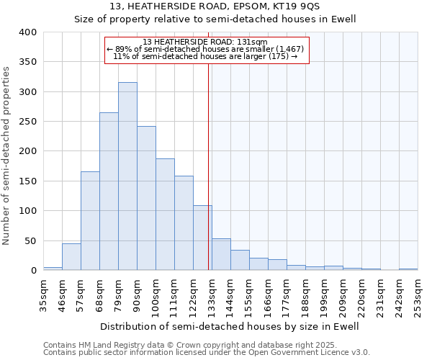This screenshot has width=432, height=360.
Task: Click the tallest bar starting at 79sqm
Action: (x=127, y=176)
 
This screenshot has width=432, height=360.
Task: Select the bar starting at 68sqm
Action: (x=109, y=192)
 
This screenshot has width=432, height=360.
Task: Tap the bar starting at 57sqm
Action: (x=90, y=221)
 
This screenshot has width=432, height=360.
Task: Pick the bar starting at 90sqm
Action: (x=146, y=198)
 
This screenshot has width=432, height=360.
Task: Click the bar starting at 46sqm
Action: (x=71, y=257)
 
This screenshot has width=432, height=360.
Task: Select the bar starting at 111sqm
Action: (x=184, y=223)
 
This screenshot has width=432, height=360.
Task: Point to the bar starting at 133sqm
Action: (x=221, y=255)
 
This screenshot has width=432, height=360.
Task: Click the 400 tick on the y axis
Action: (x=27, y=32)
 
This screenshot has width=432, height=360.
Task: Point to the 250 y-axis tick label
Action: (x=27, y=122)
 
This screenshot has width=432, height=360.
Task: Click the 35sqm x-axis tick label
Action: (x=43, y=294)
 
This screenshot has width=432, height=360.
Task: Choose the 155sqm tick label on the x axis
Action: (x=249, y=294)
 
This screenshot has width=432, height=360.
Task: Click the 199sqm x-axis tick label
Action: (x=324, y=294)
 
